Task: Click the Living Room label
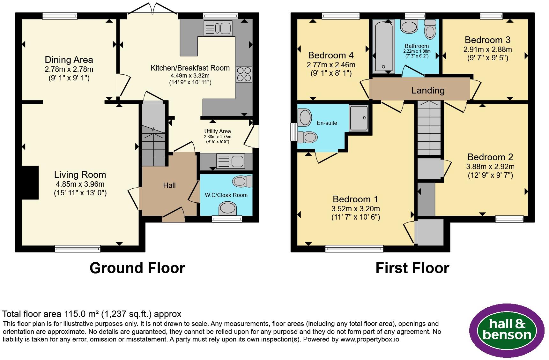80,175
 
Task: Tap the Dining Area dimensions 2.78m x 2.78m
69,69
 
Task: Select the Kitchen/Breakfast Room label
190,68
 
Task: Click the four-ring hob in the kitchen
244,74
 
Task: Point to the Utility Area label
218,131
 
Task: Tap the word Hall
169,185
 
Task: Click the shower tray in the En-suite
359,118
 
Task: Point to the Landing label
428,90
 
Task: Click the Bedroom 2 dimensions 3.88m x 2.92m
490,167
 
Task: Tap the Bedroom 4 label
331,55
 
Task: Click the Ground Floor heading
137,268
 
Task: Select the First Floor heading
412,268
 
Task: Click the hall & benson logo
507,330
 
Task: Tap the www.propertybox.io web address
370,340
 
